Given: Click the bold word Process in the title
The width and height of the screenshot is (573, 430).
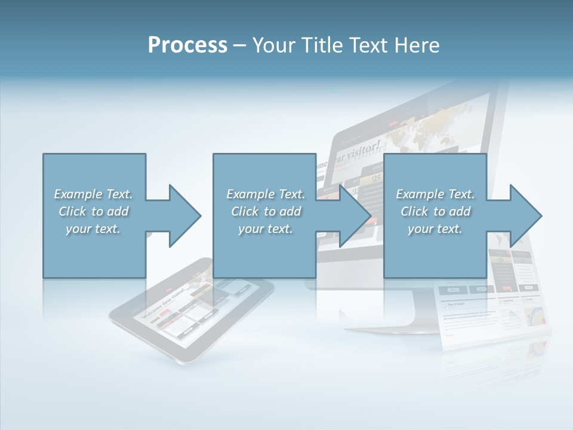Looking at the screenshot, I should tap(187, 45).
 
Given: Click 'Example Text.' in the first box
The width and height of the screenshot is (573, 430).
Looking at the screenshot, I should tap(93, 194).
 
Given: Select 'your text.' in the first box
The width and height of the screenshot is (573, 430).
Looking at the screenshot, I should tap(93, 229).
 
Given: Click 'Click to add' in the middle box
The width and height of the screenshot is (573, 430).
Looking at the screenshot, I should tap(266, 211).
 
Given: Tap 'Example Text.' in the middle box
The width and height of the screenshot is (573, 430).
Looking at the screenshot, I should tap(266, 194).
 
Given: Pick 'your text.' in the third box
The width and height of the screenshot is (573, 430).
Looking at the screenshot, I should tap(435, 229).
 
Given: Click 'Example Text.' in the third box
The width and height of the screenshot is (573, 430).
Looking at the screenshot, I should tap(435, 194).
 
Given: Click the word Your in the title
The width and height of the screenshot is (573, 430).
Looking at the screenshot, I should tap(272, 45).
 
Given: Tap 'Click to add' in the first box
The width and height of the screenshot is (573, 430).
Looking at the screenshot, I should tap(93, 211).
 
